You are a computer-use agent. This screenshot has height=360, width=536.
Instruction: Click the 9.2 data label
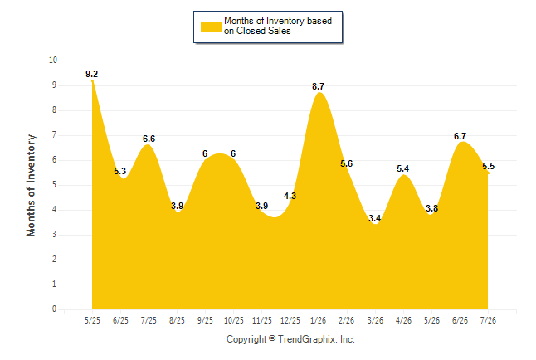(91, 74)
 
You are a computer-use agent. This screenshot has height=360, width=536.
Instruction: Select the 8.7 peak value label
(318, 86)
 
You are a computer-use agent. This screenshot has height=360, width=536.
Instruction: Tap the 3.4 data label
(375, 218)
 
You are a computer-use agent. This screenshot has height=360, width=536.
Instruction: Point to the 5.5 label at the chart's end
(488, 166)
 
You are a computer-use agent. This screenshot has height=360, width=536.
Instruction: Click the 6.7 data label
(460, 136)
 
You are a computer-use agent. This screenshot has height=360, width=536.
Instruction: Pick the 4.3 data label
(290, 196)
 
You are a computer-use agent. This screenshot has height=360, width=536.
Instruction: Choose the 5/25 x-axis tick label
(92, 320)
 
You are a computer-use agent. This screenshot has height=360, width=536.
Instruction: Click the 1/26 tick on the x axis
(319, 320)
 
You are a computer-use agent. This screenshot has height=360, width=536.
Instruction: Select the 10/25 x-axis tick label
(234, 320)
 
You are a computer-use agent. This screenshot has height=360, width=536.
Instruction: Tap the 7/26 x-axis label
(488, 320)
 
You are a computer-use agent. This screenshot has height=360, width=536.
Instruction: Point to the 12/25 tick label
(290, 320)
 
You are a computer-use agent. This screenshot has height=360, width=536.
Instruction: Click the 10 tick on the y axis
(53, 61)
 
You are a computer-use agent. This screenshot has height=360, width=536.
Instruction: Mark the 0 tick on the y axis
(54, 309)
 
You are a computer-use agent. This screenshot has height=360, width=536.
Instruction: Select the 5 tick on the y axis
(54, 185)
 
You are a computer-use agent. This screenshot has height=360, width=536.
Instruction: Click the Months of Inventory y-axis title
(31, 185)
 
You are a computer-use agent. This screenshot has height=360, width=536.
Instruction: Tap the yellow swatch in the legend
(211, 27)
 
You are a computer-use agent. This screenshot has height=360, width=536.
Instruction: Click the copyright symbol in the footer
(272, 338)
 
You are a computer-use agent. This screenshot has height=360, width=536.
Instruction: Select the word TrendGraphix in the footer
(307, 339)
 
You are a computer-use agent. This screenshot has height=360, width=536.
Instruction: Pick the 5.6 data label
(346, 163)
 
